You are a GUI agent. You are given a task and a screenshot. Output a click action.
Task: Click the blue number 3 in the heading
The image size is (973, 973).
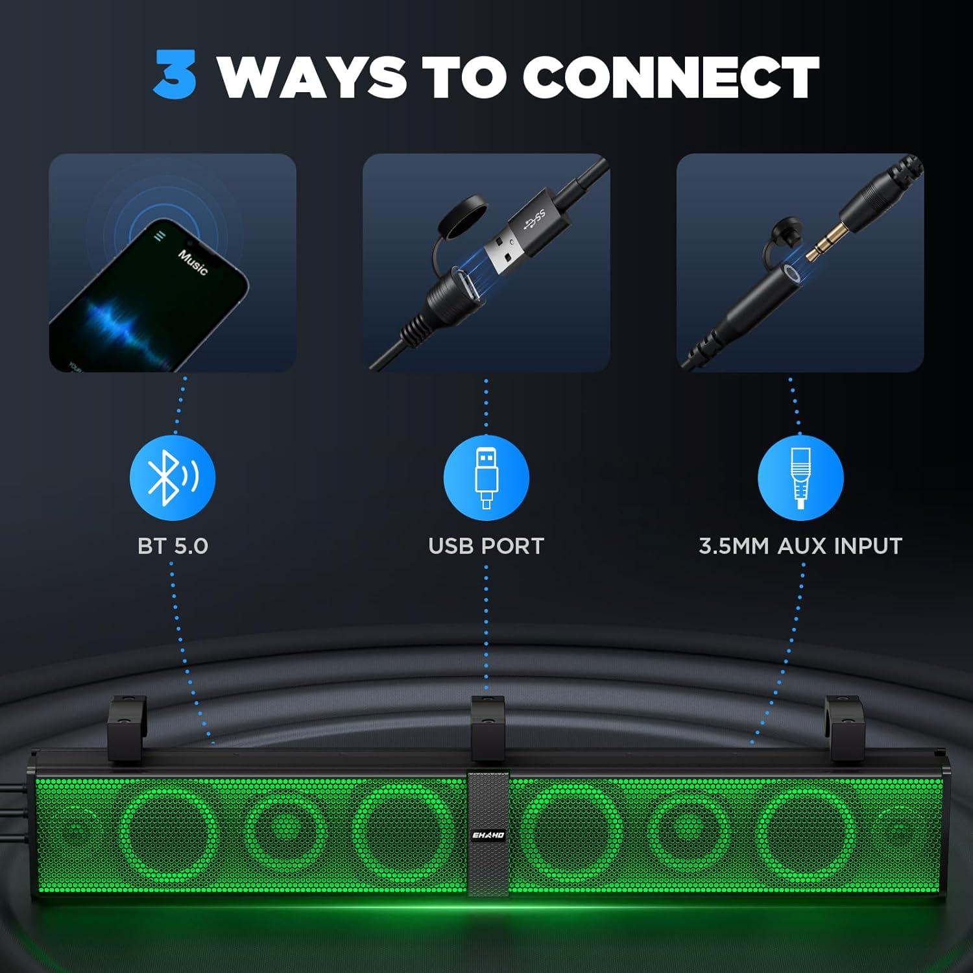tap(175, 76)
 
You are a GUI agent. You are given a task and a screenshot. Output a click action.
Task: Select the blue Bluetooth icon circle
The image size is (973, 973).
tap(173, 478)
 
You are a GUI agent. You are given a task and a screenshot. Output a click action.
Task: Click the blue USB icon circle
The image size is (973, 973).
tap(486, 478)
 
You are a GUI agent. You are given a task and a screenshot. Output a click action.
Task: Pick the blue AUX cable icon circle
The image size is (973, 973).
tap(800, 478)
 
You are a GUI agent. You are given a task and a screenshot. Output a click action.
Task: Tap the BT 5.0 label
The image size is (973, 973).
tap(173, 546)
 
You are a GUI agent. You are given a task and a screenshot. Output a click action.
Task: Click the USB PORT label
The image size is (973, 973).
tap(486, 546)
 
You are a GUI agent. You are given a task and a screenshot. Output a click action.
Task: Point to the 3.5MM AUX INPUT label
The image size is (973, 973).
tap(800, 546)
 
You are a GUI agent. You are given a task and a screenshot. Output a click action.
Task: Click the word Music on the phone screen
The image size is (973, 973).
tap(193, 261)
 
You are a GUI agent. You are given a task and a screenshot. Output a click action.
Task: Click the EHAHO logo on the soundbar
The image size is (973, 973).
tap(488, 835)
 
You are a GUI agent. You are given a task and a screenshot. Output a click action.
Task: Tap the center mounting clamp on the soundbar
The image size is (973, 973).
tap(488, 728)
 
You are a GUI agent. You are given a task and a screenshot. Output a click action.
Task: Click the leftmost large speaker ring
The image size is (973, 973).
tap(170, 832)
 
